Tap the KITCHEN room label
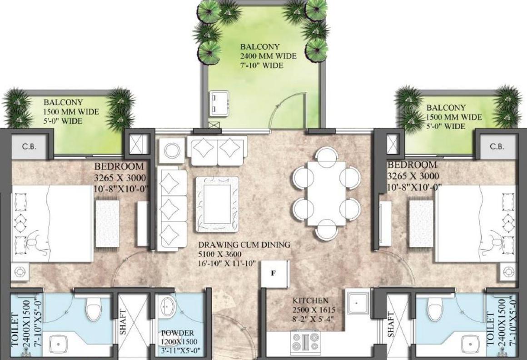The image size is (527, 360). coord(310,300)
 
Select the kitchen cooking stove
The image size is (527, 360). coord(306,341)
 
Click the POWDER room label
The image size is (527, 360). coord(178,333)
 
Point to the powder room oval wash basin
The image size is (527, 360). coord(166,306)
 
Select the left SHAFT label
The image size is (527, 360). coord(123,322)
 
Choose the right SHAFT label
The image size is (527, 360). coord(391,325)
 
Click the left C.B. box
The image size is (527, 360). coord(29,146)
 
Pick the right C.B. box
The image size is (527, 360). coord(497,146)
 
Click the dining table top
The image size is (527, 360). coord(326,194)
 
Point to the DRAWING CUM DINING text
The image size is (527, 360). coord(244,245)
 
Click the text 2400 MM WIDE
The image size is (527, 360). coord(268,56)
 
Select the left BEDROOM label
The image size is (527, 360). coord(119,166)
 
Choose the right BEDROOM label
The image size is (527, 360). coord(412,165)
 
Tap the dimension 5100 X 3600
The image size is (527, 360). coord(220,254)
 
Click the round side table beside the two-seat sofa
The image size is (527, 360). coord(172,150)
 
